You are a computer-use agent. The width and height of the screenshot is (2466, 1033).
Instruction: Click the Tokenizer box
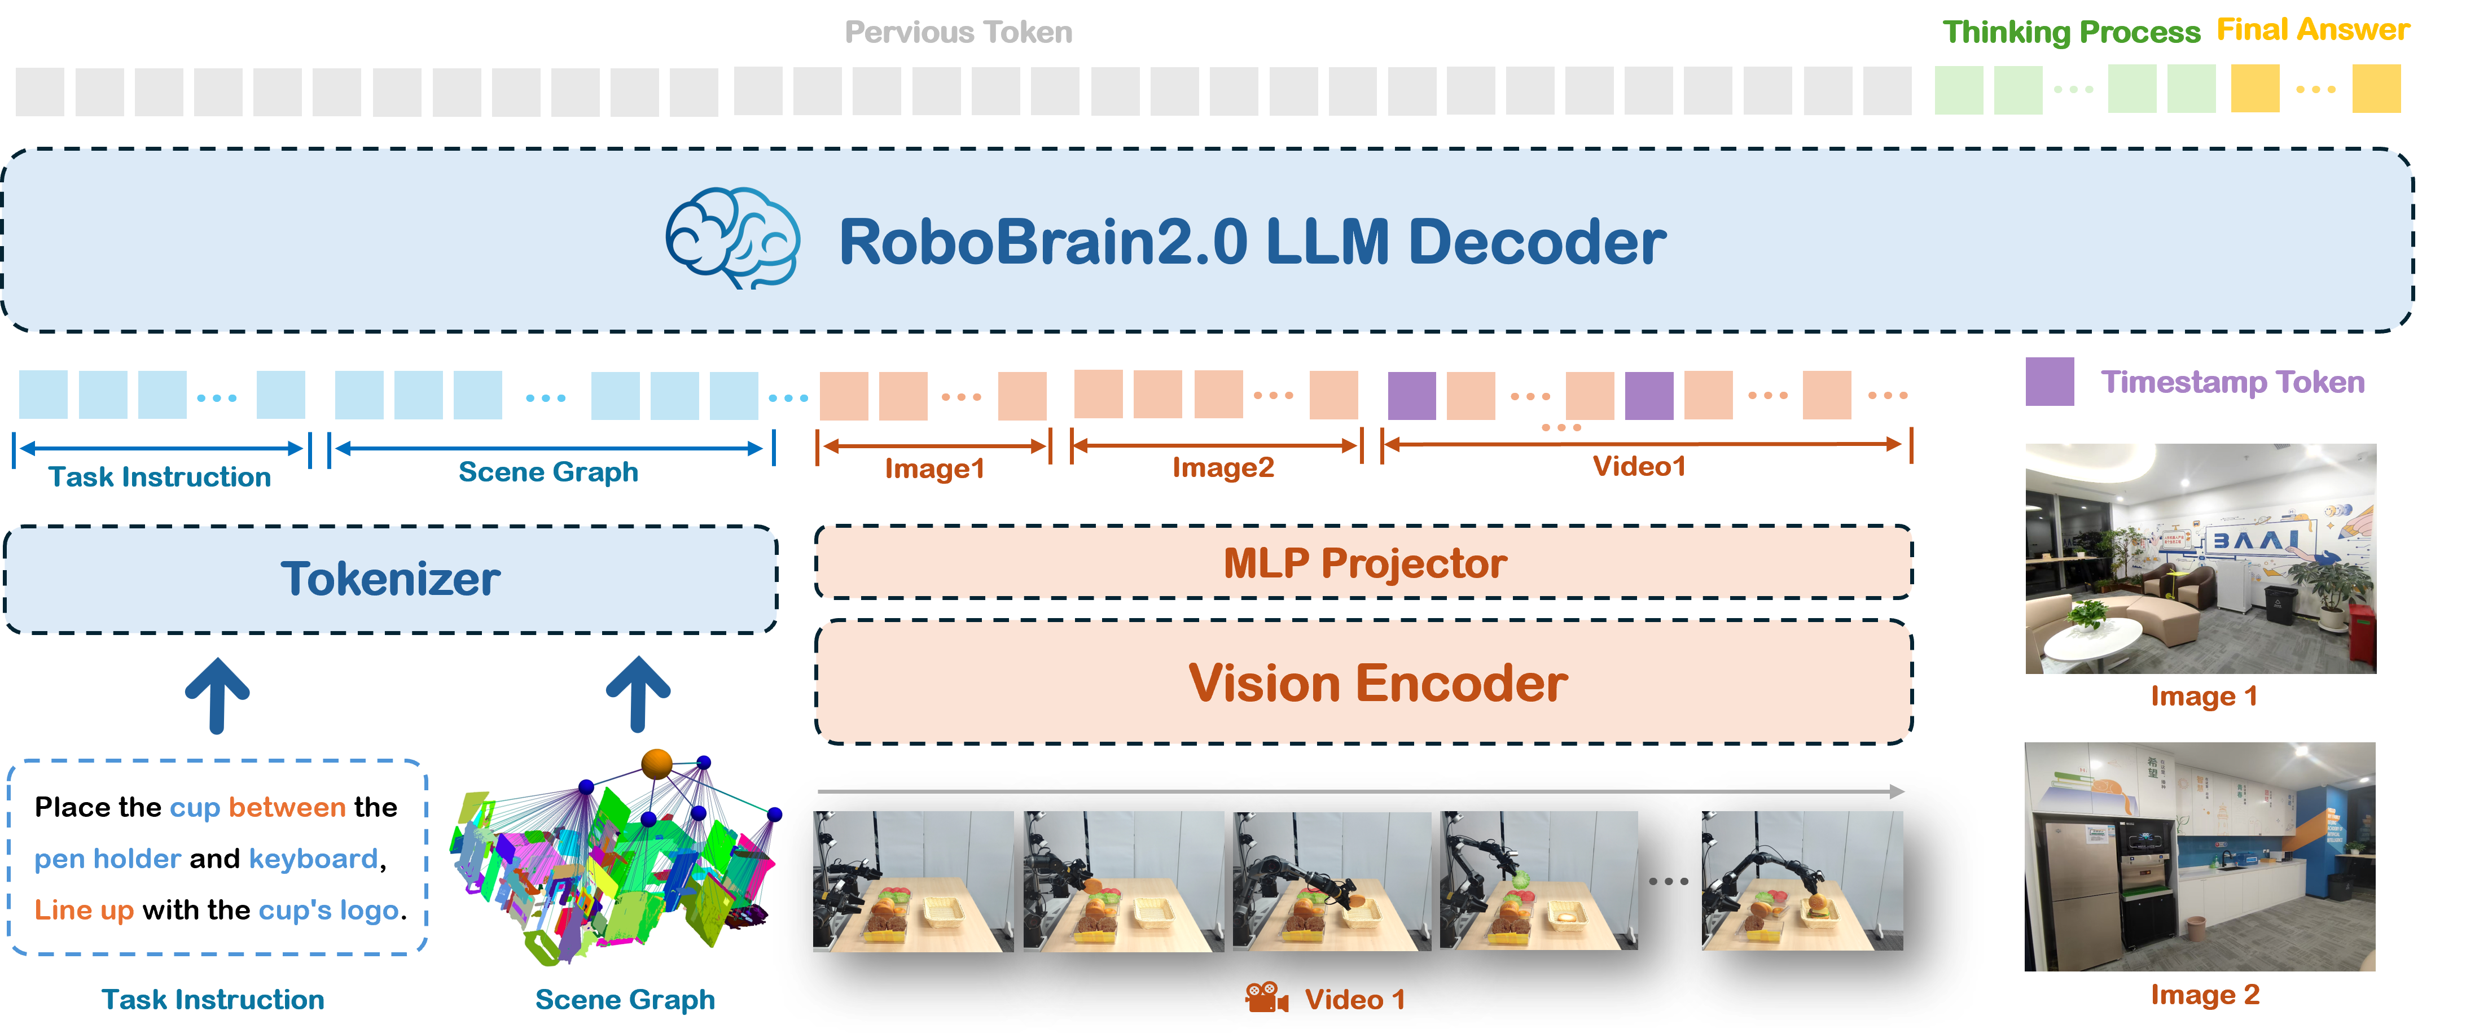tap(390, 579)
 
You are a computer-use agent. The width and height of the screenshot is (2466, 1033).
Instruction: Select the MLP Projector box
tap(1363, 563)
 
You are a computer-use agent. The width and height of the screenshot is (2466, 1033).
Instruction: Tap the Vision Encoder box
tap(1363, 682)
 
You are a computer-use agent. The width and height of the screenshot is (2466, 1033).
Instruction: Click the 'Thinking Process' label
tap(2070, 33)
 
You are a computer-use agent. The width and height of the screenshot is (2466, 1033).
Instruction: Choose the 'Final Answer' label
tap(2313, 30)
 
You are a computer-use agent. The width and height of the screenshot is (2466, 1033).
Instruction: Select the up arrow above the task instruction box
tap(217, 695)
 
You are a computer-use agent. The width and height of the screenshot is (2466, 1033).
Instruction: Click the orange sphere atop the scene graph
tap(657, 763)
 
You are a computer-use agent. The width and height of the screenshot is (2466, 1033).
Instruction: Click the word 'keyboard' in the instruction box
tap(313, 859)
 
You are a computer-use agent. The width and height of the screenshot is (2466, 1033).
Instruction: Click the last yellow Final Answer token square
tap(2376, 89)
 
